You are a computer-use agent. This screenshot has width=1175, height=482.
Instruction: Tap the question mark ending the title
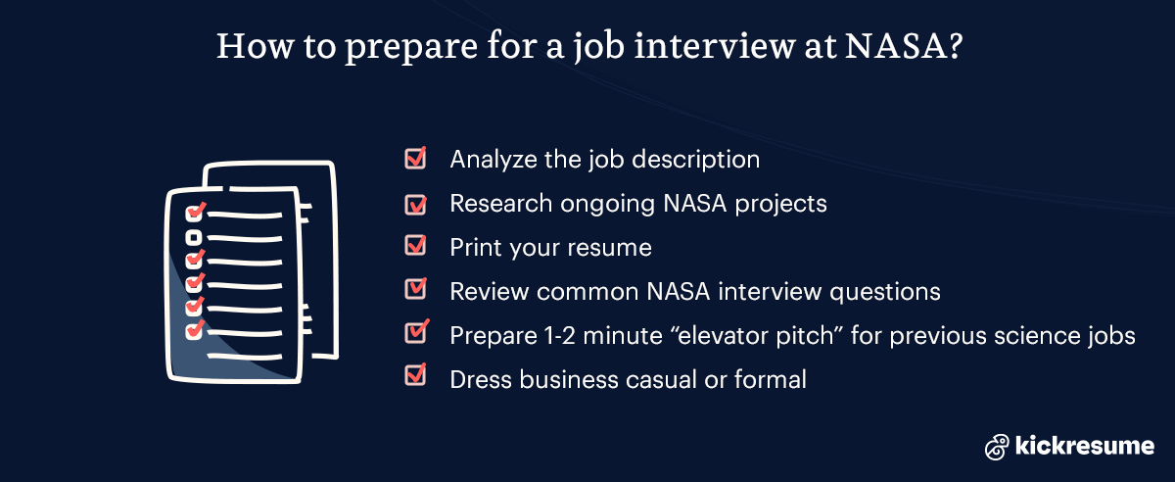coord(950,46)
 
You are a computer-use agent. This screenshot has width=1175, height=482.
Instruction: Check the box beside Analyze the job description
coord(415,158)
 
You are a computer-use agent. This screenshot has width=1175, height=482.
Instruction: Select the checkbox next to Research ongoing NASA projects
coord(415,203)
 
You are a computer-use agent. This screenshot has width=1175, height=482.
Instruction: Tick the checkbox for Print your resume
coord(415,246)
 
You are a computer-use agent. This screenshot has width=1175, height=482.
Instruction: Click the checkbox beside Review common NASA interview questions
coord(415,290)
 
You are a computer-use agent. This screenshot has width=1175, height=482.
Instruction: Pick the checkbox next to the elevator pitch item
coord(415,333)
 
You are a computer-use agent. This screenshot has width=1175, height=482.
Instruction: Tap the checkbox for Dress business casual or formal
coord(415,377)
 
